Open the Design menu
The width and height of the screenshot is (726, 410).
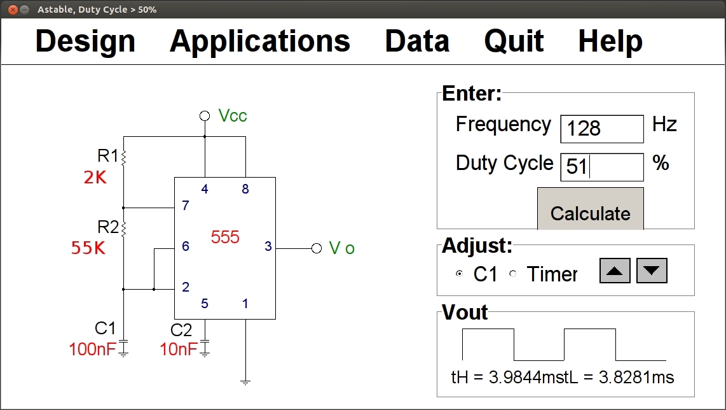pos(85,41)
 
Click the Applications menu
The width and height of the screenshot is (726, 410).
pos(259,41)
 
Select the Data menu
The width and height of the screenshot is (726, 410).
pos(417,41)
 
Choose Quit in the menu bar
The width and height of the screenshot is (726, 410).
pos(514,41)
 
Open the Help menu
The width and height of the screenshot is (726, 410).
pos(610,41)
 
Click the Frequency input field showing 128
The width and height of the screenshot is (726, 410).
pos(601,129)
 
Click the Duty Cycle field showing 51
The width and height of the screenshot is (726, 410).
pos(601,167)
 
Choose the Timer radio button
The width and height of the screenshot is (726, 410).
pos(513,274)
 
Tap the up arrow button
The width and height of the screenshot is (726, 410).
pos(615,271)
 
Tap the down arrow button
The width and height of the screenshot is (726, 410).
pos(652,271)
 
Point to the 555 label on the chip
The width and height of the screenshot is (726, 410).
pos(225,237)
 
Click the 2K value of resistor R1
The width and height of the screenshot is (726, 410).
pos(95,178)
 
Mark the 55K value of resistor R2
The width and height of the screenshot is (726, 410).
pos(88,248)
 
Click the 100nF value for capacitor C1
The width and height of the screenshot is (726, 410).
pos(93,350)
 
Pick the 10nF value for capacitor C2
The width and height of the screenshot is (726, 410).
pos(179,350)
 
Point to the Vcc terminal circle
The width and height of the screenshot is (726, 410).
pos(205,116)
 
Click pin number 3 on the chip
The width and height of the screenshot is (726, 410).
pos(268,246)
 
